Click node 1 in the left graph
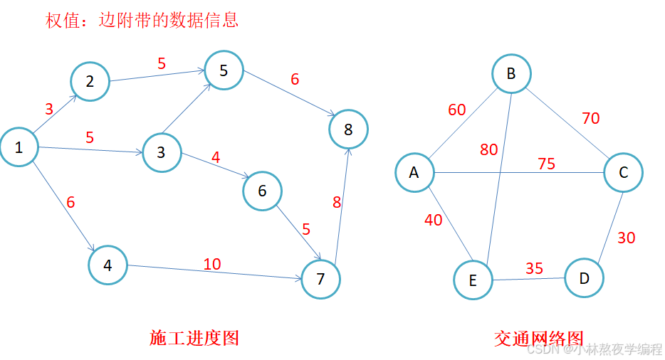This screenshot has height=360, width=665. pos(19,147)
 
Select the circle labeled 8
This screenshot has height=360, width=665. pos(348,129)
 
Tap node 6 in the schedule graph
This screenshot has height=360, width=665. pos(262,191)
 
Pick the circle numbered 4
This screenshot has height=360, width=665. pos(108,265)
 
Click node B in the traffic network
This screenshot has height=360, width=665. pos(510,74)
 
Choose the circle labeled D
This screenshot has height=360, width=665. pos(584,278)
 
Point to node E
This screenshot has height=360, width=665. pos(473,280)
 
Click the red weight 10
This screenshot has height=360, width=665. pos(212,265)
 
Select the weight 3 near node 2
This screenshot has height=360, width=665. pos(49,110)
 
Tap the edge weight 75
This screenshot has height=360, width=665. pos(546,164)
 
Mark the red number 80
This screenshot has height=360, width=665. pos(488,150)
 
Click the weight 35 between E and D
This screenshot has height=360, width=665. pos(534,268)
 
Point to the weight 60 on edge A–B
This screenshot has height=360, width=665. pos(456,110)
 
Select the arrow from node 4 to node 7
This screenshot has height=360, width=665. pos(214,273)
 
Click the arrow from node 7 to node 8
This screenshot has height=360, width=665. pos(342,206)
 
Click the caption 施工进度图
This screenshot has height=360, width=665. pos(194,338)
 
